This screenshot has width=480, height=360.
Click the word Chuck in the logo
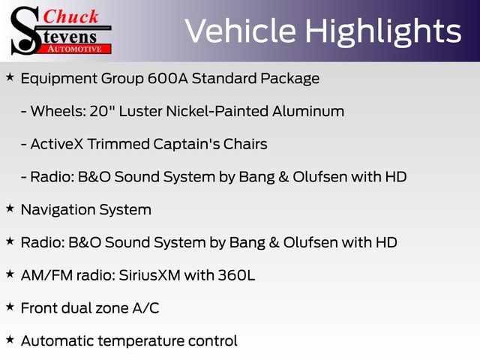pos(70,16)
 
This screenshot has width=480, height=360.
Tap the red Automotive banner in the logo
pos(76,49)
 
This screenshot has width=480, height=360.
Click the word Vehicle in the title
pos(241,31)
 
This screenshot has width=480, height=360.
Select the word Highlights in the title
pos(383,32)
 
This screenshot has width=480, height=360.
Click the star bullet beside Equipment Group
pos(10,77)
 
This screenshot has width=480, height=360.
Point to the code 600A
pos(168,78)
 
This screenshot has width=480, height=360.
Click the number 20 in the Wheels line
pos(99,111)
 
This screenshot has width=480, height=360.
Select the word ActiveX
pos(57,144)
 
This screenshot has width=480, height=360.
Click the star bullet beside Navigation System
pos(10,208)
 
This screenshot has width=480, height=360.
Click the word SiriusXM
pos(149,275)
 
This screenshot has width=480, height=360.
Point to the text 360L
pos(236,275)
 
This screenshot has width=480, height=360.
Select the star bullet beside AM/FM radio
pos(10,274)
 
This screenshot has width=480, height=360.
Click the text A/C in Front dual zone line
pos(145,308)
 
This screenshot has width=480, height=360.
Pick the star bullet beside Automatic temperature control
pos(10,340)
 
